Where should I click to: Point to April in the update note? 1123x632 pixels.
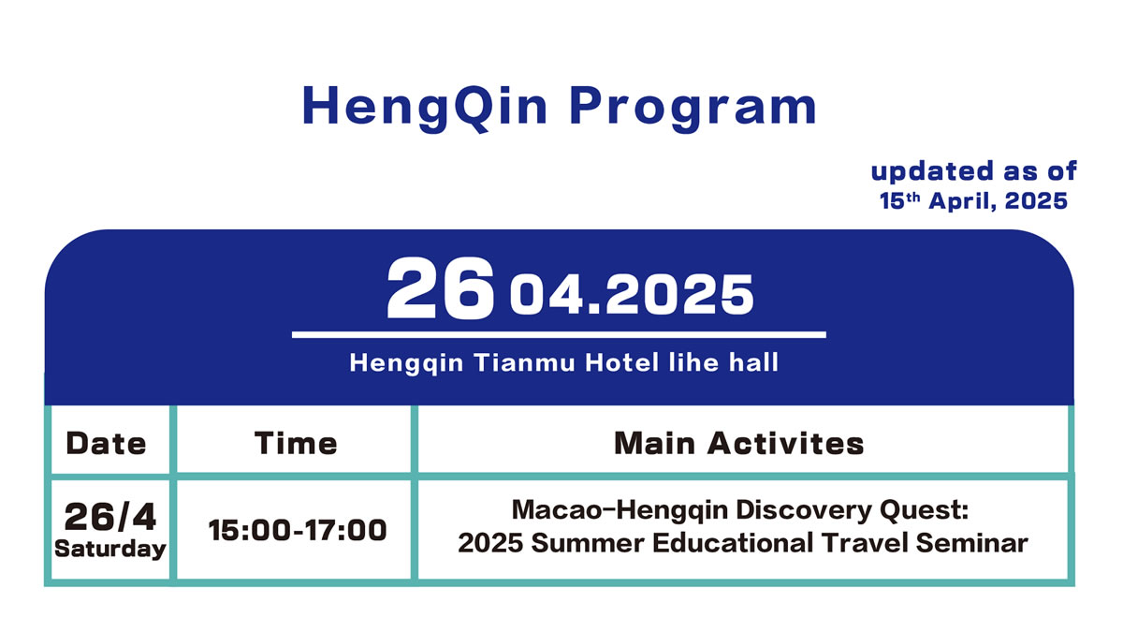[x=962, y=201]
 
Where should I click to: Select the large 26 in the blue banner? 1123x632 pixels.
[x=440, y=288]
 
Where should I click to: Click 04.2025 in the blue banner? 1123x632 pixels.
[x=632, y=295]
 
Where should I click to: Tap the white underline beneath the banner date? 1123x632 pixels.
[x=559, y=334]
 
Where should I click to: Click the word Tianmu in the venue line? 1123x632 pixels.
[x=524, y=362]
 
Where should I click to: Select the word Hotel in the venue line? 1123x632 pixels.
[x=621, y=362]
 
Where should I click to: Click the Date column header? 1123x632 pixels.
[x=107, y=444]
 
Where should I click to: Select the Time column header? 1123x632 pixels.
[x=296, y=444]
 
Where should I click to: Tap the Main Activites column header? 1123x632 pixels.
[x=739, y=444]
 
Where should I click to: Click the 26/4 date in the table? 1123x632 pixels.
[x=110, y=517]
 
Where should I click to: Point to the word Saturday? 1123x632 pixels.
[x=110, y=549]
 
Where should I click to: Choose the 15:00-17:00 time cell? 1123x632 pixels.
[x=298, y=530]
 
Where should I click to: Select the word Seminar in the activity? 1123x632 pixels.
[x=972, y=543]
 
